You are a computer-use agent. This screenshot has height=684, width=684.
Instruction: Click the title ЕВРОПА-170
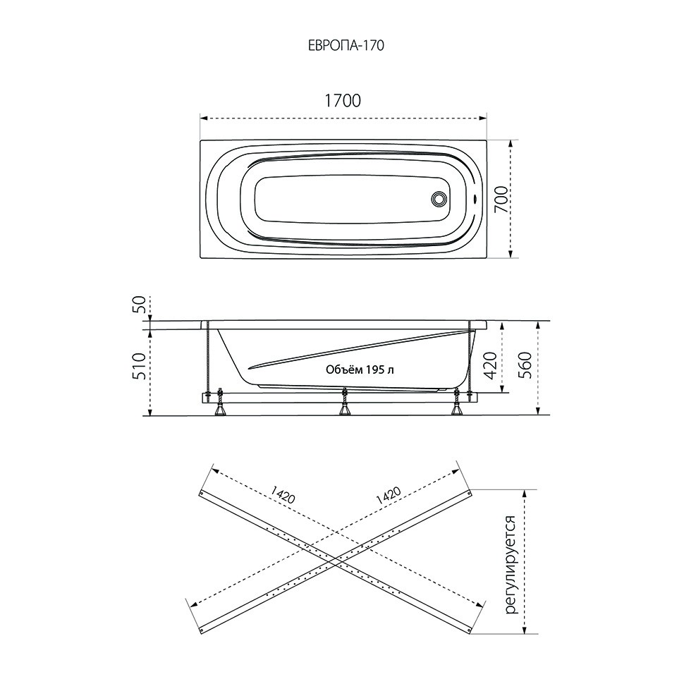tap(346, 46)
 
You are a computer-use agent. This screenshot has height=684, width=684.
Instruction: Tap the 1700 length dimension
tap(343, 101)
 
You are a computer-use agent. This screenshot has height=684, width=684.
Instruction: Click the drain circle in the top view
tap(439, 200)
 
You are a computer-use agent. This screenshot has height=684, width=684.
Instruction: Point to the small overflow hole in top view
tap(475, 199)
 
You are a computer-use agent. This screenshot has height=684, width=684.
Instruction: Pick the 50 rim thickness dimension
tap(138, 305)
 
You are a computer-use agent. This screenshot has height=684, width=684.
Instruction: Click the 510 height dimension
tap(138, 365)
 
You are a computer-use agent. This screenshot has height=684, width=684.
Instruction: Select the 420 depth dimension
tap(491, 365)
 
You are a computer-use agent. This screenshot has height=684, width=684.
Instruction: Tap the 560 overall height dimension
tap(526, 365)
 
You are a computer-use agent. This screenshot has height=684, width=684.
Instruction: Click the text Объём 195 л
tap(360, 370)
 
